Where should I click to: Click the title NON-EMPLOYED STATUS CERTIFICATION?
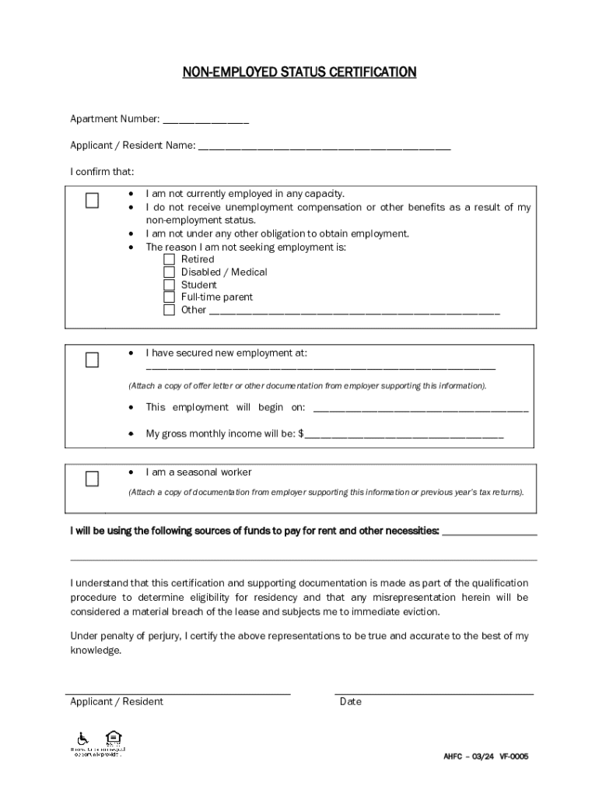(x=299, y=72)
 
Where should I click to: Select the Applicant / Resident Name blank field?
(x=324, y=146)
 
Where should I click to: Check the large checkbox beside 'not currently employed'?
(x=93, y=201)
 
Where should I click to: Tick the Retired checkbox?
(x=169, y=259)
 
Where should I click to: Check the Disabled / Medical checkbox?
(x=169, y=272)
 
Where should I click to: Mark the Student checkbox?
(x=169, y=285)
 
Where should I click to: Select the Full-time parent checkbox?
(x=169, y=297)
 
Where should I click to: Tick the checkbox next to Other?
(x=169, y=310)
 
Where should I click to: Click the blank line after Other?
(x=355, y=311)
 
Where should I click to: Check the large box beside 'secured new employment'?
(x=93, y=360)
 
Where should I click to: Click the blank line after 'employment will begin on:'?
(x=420, y=409)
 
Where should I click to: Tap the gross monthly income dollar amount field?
(x=405, y=436)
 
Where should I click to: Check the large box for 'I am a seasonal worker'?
(x=93, y=479)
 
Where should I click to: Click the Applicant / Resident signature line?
(x=178, y=691)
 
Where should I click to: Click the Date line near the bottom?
(x=434, y=691)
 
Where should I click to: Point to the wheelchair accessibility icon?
(x=82, y=738)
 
